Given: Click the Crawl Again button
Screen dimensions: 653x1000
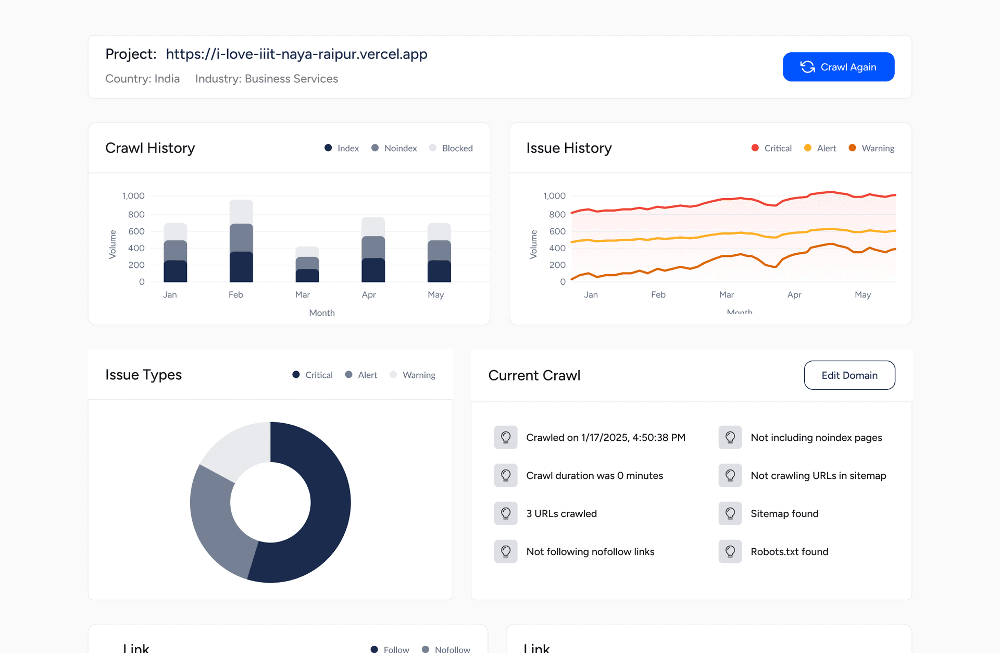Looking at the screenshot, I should (x=838, y=67).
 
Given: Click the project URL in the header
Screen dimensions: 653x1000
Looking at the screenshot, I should (x=296, y=54).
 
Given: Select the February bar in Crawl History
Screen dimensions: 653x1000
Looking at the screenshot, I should (x=241, y=241).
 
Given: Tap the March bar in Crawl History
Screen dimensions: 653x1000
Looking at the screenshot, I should (x=307, y=265).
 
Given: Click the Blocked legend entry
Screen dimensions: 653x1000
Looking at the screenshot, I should (x=451, y=149).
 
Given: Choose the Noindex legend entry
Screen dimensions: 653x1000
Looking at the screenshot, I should (x=394, y=149).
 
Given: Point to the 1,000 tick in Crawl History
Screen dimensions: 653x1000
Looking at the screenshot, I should (x=133, y=196).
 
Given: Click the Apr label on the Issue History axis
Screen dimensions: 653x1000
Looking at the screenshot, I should (x=794, y=295).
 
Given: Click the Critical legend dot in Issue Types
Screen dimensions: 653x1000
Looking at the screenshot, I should (x=296, y=375).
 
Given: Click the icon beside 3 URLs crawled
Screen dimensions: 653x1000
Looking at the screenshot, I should (x=506, y=514).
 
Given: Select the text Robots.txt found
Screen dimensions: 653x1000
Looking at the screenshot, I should (x=789, y=552).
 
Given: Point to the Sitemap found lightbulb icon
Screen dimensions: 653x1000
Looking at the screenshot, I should (x=730, y=514).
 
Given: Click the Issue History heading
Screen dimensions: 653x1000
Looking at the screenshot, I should (x=569, y=149).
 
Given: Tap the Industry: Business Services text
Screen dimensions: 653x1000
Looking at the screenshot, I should (x=266, y=79).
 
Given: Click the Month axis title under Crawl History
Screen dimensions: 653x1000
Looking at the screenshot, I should (x=322, y=313).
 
